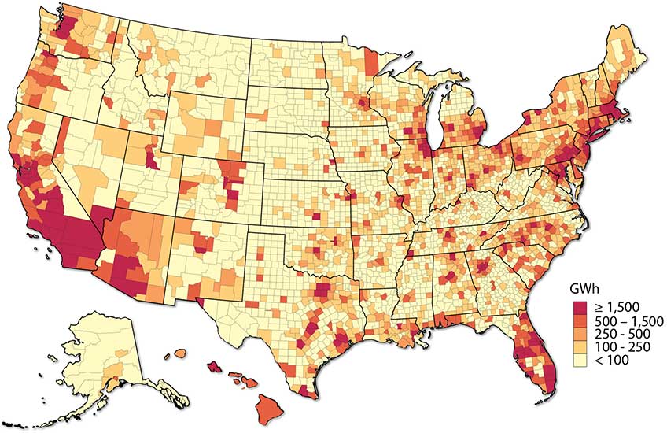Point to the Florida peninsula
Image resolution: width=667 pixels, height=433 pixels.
coord(535,362)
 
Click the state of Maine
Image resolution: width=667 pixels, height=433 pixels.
coord(626,59)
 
